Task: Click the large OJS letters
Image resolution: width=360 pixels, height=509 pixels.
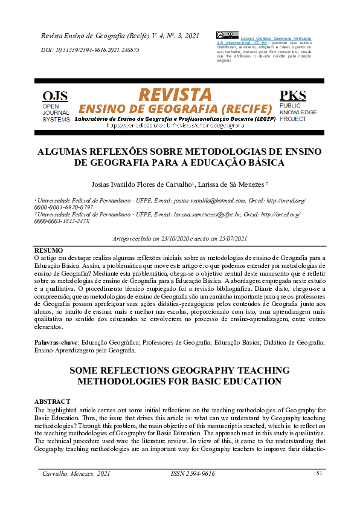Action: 55,96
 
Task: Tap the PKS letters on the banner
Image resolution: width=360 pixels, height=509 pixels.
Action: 292,96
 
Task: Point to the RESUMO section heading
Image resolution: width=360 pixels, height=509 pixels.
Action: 48,250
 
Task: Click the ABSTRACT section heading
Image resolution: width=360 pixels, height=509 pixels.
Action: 52,402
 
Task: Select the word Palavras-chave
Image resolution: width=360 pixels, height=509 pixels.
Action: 56,343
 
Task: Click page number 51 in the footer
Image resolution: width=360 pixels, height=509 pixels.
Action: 320,473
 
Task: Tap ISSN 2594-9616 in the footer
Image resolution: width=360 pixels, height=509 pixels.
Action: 193,473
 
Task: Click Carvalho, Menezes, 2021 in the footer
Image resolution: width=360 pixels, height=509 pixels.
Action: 76,473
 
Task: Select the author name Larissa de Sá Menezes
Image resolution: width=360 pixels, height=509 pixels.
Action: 233,184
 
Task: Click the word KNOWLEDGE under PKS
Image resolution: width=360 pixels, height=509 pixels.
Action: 298,112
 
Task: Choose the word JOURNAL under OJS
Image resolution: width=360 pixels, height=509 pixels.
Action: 56,112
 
